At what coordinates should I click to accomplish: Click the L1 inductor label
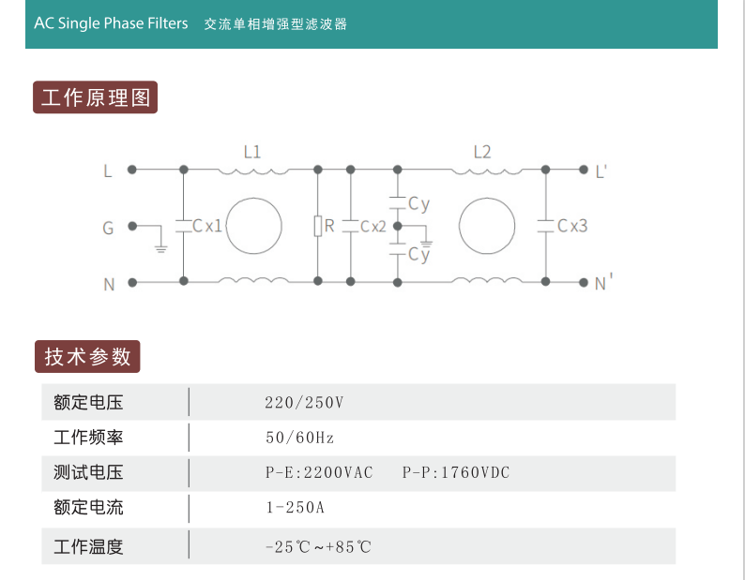252,152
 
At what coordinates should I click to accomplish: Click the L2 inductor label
482,152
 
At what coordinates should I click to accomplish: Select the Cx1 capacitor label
207,226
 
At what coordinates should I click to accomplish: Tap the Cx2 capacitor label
373,227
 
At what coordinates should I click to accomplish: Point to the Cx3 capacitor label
572,226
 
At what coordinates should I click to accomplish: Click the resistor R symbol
318,226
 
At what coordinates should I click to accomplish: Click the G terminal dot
132,226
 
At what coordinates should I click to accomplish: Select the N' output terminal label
603,282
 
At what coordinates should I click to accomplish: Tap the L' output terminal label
601,171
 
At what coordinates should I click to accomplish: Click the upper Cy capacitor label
419,204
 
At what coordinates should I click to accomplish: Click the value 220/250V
304,403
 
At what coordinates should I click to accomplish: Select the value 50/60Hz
300,438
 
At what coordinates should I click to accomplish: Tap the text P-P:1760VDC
456,472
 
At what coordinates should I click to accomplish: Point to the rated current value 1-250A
295,507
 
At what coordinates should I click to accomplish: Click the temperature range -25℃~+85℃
318,547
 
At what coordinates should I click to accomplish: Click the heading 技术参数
87,356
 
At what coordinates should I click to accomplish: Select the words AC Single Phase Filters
111,23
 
